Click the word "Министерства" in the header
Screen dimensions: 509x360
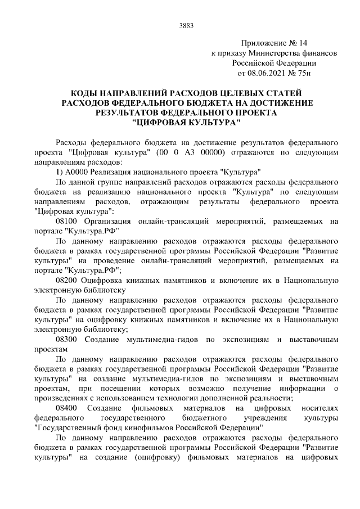276,53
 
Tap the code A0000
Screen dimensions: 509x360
81,172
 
